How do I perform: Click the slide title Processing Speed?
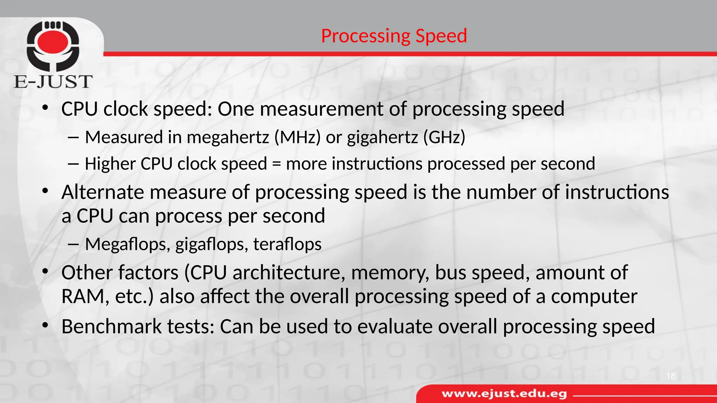pyautogui.click(x=394, y=36)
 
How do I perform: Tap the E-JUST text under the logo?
pyautogui.click(x=53, y=82)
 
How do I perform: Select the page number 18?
pyautogui.click(x=671, y=376)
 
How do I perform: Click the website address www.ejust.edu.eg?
pyautogui.click(x=504, y=394)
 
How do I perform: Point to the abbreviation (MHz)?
pyautogui.click(x=297, y=137)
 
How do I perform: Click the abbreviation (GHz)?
pyautogui.click(x=444, y=137)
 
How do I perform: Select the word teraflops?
pyautogui.click(x=287, y=244)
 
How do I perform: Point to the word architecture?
pyautogui.click(x=287, y=273)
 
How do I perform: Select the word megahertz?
pyautogui.click(x=228, y=137)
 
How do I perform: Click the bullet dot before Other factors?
pyautogui.click(x=45, y=272)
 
